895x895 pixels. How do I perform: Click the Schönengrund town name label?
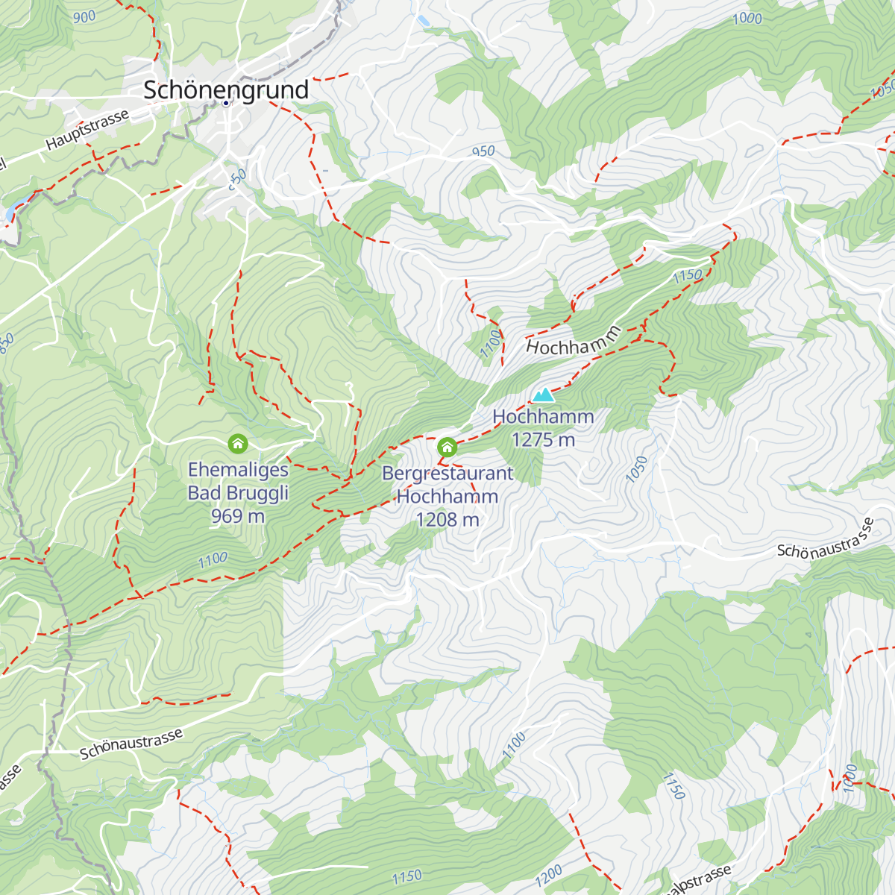tap(225, 89)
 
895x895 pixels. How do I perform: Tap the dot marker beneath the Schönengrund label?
tap(225, 103)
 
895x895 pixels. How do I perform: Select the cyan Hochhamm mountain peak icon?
tap(543, 395)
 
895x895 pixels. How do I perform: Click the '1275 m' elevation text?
tap(543, 440)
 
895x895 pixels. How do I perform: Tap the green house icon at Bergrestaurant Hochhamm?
tap(447, 447)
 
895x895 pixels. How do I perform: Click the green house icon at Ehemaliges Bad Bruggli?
tap(238, 444)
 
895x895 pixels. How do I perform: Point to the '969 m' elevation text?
tap(237, 516)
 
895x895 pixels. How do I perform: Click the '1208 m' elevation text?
tap(447, 520)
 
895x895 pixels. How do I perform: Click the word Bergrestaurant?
tap(447, 474)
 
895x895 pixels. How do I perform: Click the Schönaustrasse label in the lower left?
tap(131, 744)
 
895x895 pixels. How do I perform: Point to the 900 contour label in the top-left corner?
tap(84, 16)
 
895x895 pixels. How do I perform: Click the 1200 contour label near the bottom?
tap(548, 876)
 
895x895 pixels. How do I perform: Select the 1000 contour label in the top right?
tap(747, 19)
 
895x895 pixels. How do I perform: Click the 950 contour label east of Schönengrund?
tap(483, 151)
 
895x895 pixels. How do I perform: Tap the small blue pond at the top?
tap(423, 21)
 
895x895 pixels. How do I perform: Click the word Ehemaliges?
tap(238, 470)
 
